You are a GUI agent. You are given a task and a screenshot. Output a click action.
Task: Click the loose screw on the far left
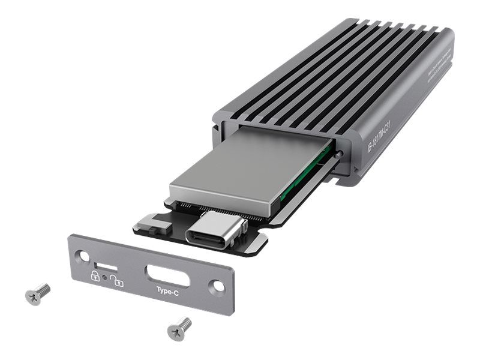point(38,293)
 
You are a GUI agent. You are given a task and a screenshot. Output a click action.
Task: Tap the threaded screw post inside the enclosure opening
point(341,154)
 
